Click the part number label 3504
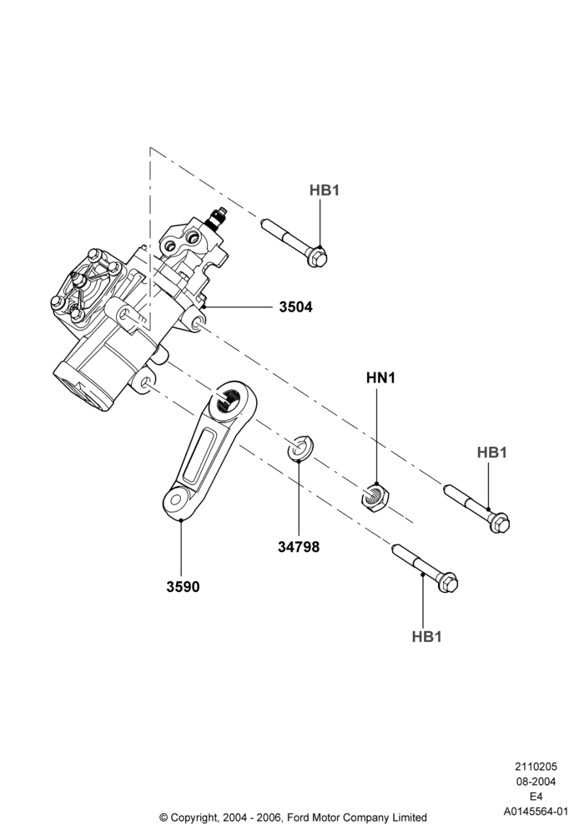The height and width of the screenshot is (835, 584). [295, 307]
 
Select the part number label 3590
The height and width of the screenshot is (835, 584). [183, 587]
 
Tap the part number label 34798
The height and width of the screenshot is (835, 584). [299, 547]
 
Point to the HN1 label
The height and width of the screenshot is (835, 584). [380, 378]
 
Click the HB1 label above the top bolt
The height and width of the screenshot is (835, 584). [325, 190]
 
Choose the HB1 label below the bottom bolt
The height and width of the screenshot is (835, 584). [426, 636]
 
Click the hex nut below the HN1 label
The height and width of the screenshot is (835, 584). [375, 497]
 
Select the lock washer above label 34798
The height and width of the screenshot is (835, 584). [300, 448]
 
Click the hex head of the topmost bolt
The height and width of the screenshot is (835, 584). [318, 258]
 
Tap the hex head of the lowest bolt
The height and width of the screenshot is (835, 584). [448, 583]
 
